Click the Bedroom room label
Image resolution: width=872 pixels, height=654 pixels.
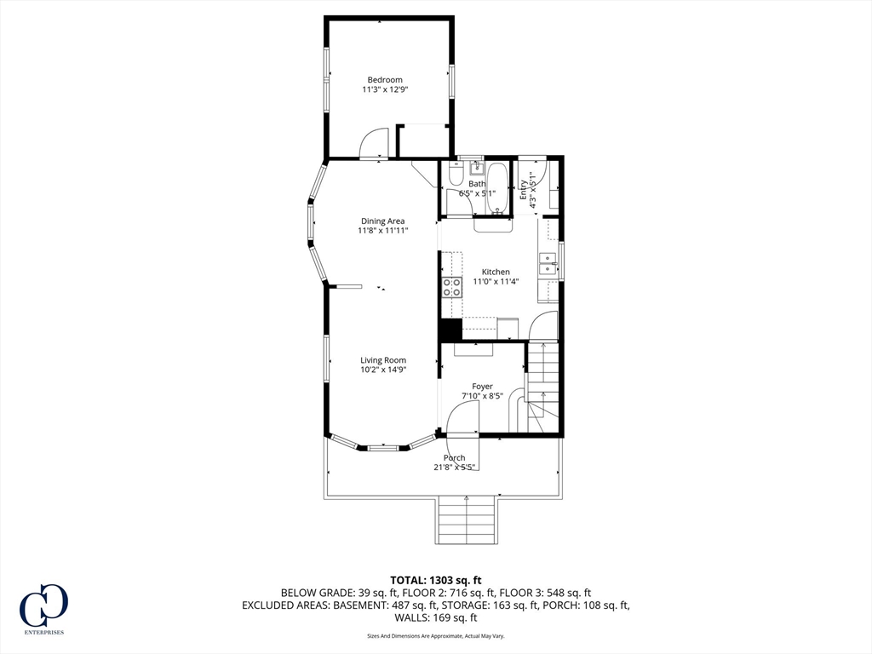[385, 79]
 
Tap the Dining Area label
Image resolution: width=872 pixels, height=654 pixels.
[382, 221]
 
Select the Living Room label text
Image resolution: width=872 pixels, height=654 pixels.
[383, 360]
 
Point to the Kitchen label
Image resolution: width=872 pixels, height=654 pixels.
[496, 272]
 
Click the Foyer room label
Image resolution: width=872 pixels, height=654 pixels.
[482, 387]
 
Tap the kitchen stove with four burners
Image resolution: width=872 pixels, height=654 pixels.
[451, 288]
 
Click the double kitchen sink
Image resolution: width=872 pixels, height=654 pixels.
[548, 264]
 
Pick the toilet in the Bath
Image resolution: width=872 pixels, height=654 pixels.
[456, 175]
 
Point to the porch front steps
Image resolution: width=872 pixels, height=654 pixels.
[466, 520]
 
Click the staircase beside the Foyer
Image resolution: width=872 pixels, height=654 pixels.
[542, 387]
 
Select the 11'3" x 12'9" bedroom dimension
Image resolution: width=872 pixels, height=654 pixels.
[385, 89]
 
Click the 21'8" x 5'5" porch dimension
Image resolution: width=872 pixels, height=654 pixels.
[455, 468]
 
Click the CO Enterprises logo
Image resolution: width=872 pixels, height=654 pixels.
[43, 609]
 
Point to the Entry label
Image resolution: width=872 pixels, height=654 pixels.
[524, 190]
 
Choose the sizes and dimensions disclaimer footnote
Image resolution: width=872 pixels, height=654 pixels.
[435, 635]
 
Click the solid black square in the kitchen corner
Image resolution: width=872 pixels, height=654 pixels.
[451, 330]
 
